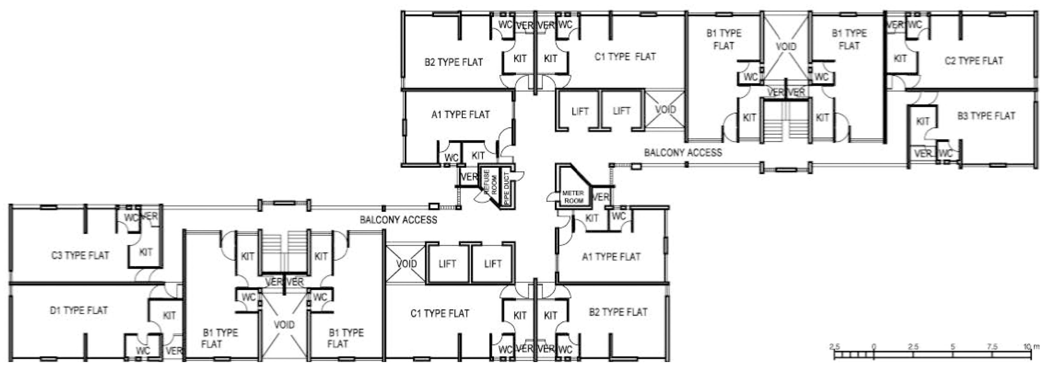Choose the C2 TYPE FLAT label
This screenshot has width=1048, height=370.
click(974, 61)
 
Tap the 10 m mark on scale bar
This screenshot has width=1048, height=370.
click(1030, 347)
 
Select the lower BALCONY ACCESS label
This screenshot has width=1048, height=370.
click(398, 220)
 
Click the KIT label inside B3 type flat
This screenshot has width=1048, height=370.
click(923, 121)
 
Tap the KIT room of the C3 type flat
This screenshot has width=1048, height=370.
click(146, 252)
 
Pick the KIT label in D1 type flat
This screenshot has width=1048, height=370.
click(169, 316)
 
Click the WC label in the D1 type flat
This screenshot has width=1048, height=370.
click(143, 351)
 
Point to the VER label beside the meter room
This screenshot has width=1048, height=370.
click(601, 197)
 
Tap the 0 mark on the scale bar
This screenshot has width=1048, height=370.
click(874, 347)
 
